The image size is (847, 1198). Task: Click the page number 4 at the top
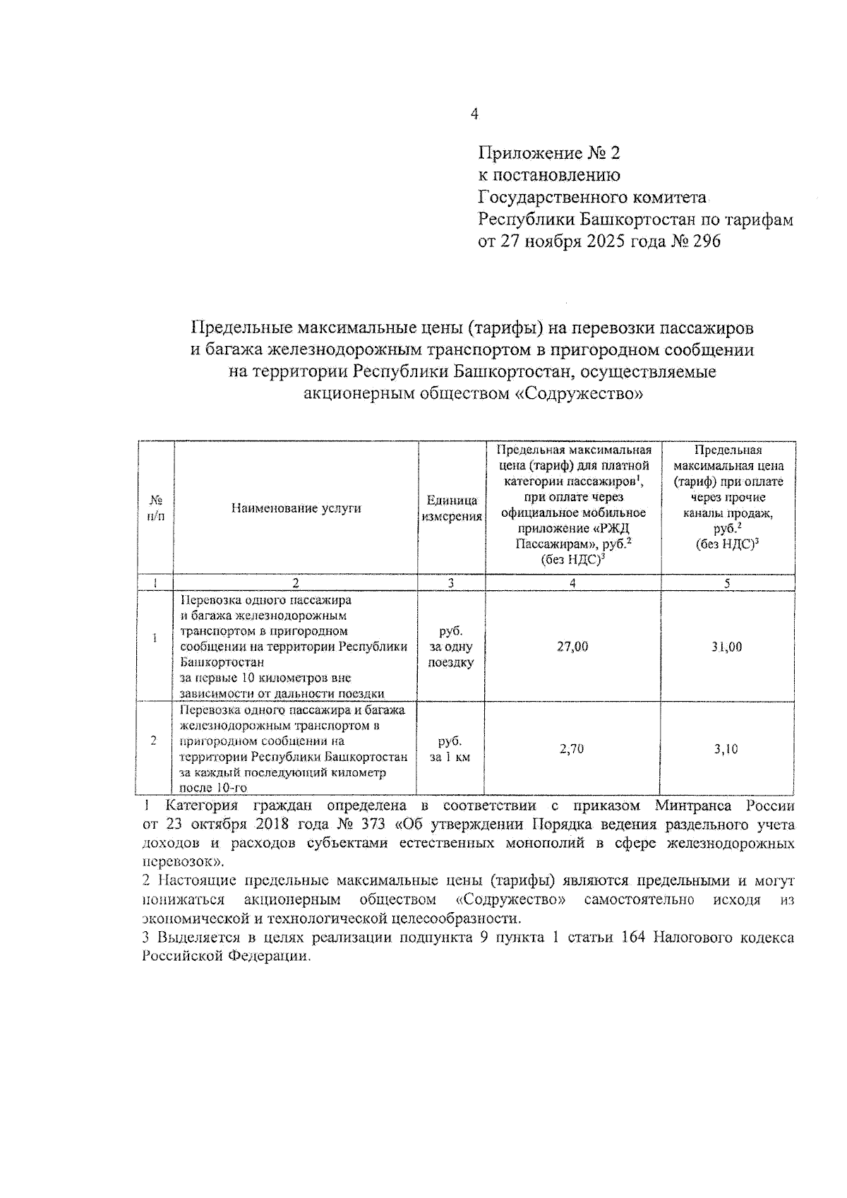pos(474,114)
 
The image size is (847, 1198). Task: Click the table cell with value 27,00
pos(572,647)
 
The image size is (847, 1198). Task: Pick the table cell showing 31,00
pos(727,647)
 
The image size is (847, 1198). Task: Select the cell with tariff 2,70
pos(572,749)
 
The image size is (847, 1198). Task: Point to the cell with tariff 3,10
pos(726,749)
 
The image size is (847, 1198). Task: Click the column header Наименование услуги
pos(296,508)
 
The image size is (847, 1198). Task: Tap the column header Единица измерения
pos(452,508)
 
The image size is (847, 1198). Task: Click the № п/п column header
pos(155,508)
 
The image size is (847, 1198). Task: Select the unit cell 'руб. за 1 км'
pos(450,749)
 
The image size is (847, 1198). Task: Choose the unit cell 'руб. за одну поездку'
pos(451,647)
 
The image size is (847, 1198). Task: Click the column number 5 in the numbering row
pos(727,583)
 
